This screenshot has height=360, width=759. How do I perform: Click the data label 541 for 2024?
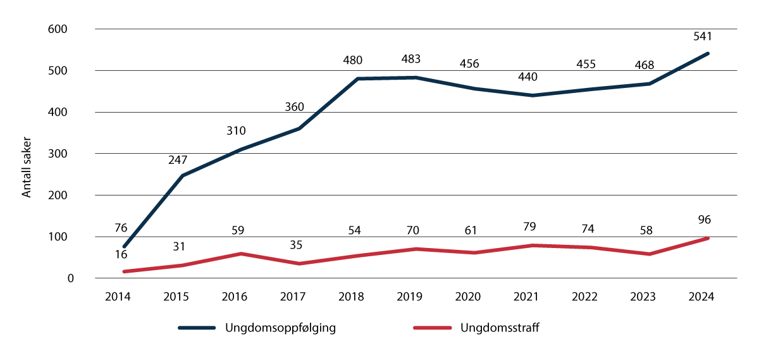pyautogui.click(x=703, y=37)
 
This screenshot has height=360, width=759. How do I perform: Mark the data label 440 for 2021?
pyautogui.click(x=528, y=77)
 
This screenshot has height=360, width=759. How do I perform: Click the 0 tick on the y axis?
pyautogui.click(x=71, y=278)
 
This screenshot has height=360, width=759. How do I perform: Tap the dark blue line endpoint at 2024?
pyautogui.click(x=708, y=53)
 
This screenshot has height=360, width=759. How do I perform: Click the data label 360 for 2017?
pyautogui.click(x=294, y=107)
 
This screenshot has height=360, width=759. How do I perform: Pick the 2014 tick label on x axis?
pyautogui.click(x=118, y=297)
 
